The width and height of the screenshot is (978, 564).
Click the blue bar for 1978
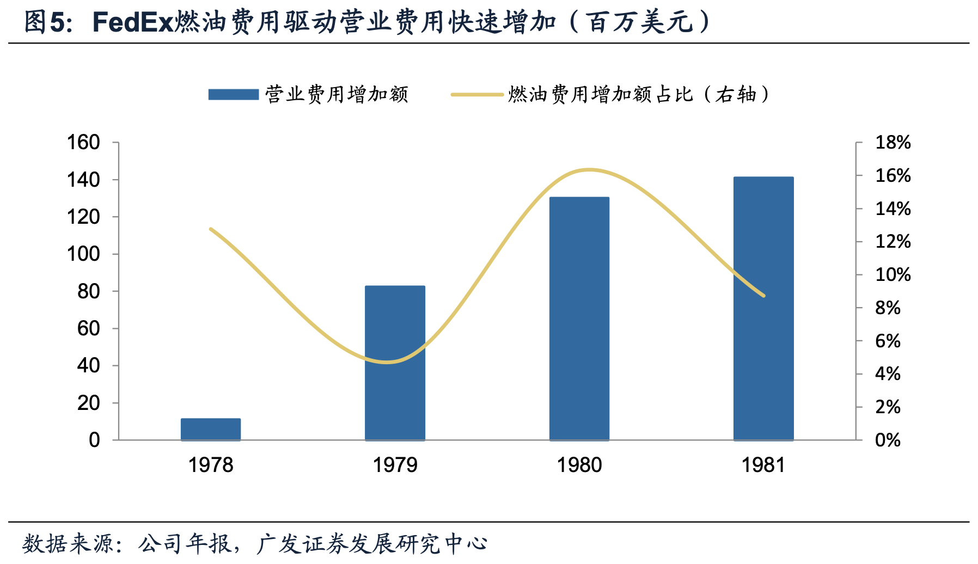pyautogui.click(x=211, y=429)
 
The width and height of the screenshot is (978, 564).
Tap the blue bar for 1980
pyautogui.click(x=579, y=318)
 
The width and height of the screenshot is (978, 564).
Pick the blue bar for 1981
pyautogui.click(x=763, y=308)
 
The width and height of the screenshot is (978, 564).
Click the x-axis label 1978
pyautogui.click(x=211, y=465)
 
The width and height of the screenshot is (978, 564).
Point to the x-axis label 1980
pyautogui.click(x=579, y=465)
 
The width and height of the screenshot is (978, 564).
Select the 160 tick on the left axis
pyautogui.click(x=83, y=143)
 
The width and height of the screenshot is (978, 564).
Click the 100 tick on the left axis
pyautogui.click(x=83, y=254)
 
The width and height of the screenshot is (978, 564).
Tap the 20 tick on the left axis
pyautogui.click(x=89, y=403)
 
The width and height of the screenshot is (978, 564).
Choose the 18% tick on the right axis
pyautogui.click(x=893, y=143)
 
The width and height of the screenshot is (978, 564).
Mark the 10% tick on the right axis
pyautogui.click(x=893, y=274)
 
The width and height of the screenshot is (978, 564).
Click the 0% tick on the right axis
pyautogui.click(x=888, y=440)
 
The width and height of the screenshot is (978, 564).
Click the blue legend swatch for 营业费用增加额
pyautogui.click(x=234, y=95)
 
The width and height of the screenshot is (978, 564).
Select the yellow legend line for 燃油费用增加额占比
pyautogui.click(x=477, y=95)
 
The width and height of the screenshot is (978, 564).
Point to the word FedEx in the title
pyautogui.click(x=132, y=23)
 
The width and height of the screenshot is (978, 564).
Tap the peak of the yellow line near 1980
pyautogui.click(x=589, y=170)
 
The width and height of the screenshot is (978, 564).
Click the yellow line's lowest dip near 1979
pyautogui.click(x=387, y=362)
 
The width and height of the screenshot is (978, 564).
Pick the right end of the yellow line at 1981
pyautogui.click(x=763, y=296)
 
